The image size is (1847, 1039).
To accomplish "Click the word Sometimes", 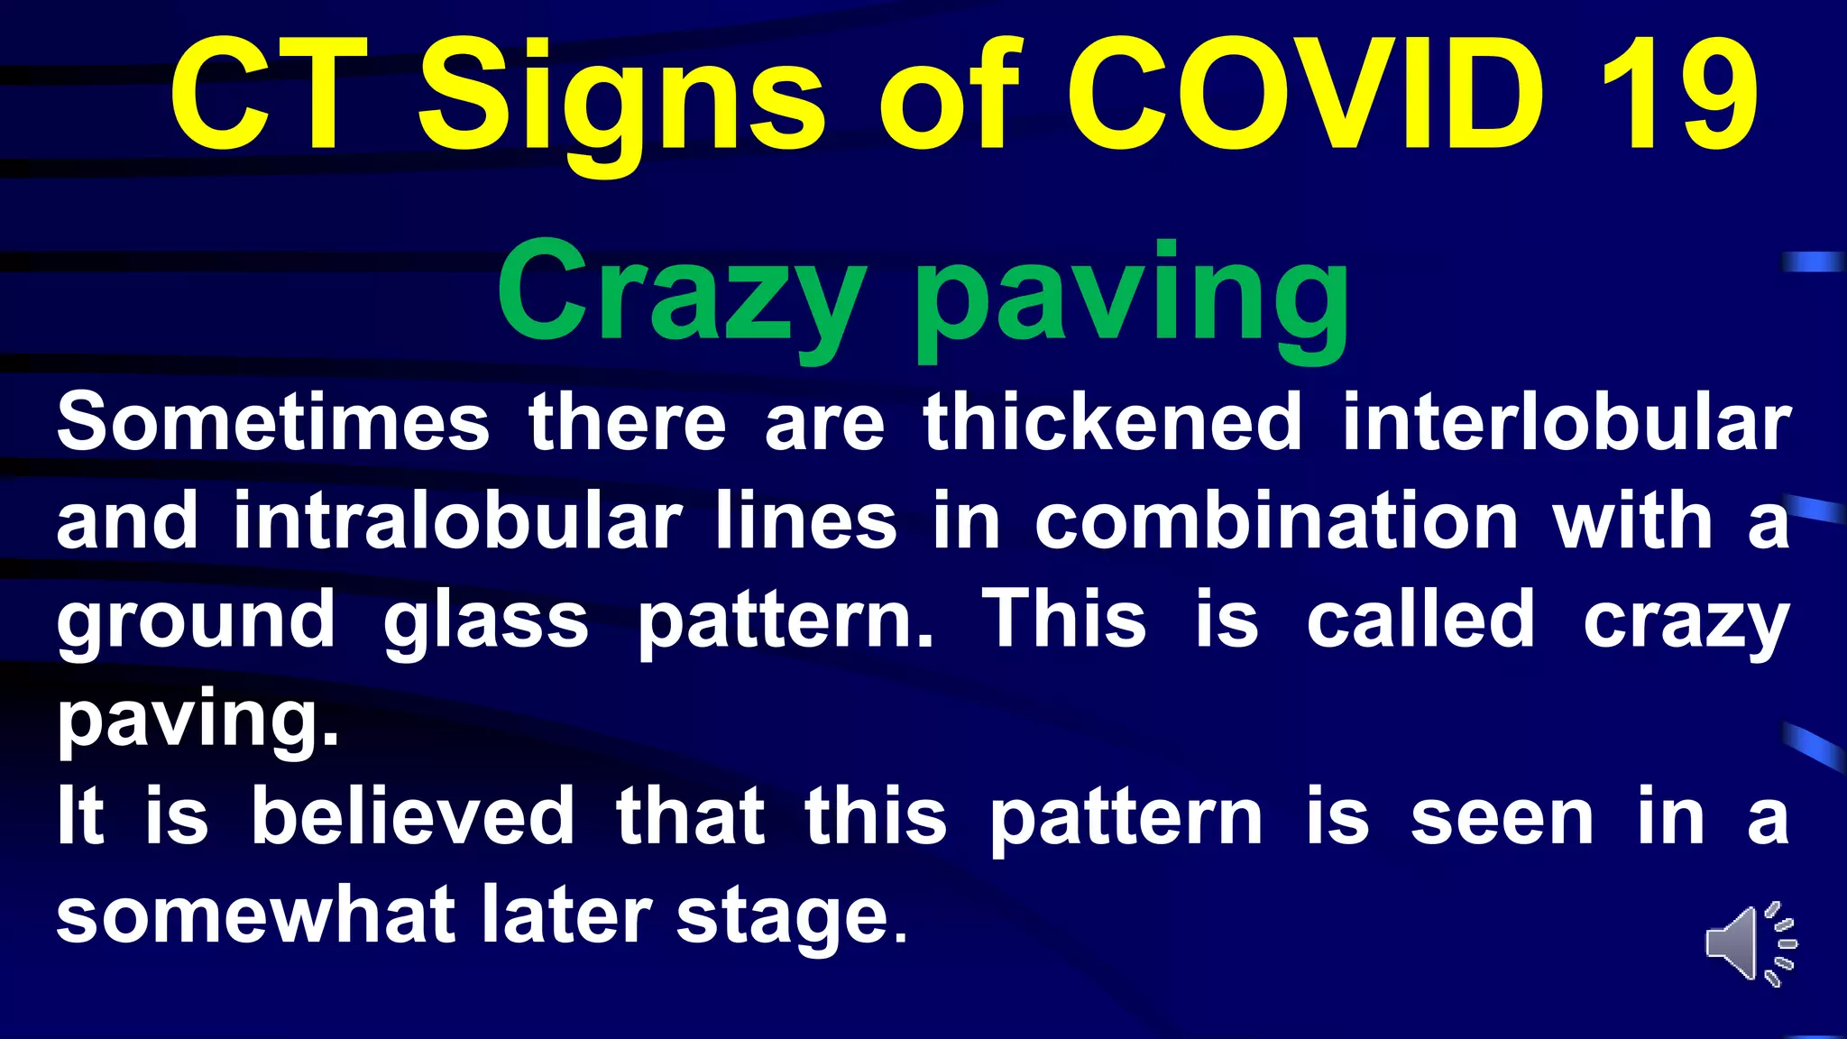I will [272, 422].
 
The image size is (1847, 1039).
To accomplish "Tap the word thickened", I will [1113, 422].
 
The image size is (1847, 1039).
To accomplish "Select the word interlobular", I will [1567, 422].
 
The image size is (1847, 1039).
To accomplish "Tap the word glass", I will [486, 621].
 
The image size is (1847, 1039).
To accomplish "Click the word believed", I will [413, 815].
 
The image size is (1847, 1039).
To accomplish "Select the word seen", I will [1502, 817].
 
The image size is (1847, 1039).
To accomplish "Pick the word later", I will [566, 915].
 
